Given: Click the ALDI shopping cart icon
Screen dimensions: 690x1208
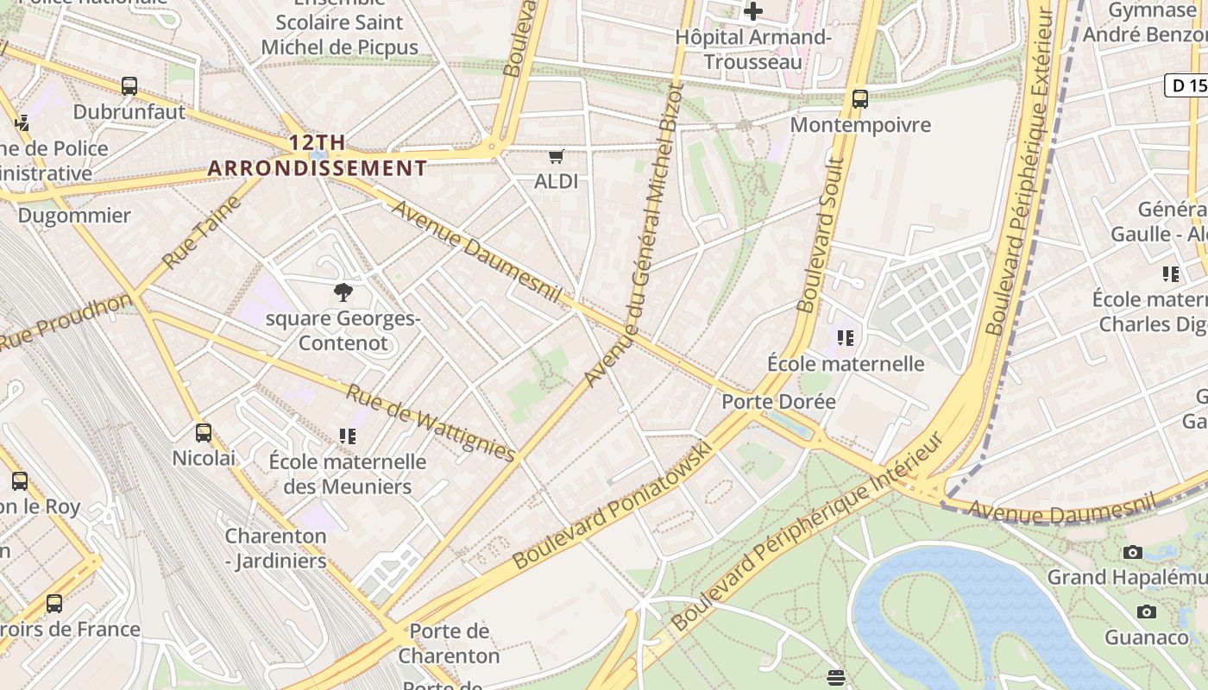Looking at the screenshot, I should (557, 157).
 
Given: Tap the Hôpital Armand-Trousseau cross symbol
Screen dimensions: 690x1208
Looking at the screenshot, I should (753, 11).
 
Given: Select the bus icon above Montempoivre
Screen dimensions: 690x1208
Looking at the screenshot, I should (859, 99).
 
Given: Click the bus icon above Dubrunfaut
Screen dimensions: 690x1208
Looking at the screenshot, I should (129, 86).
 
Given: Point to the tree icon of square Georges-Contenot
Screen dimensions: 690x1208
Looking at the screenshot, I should (343, 292).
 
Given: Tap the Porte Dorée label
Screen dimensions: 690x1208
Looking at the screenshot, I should (778, 402).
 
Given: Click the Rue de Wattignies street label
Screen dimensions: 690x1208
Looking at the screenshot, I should (431, 423).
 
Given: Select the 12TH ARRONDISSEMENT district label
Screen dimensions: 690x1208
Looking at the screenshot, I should (317, 155).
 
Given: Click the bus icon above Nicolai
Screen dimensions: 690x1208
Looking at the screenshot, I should (204, 433).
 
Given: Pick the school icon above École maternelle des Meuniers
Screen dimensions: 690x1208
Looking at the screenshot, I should (348, 436).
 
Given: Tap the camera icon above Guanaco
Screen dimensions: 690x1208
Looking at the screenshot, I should (1146, 612).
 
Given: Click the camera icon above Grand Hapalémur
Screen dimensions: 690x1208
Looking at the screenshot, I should (1133, 553).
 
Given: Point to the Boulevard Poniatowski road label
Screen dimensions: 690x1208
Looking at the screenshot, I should (613, 505).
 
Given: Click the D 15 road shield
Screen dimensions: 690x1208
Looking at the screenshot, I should (1187, 85).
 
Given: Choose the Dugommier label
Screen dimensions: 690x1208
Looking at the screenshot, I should (74, 216).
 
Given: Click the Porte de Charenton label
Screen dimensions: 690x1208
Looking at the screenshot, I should (449, 643).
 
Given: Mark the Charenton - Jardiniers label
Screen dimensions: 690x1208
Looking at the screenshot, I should (276, 549).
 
